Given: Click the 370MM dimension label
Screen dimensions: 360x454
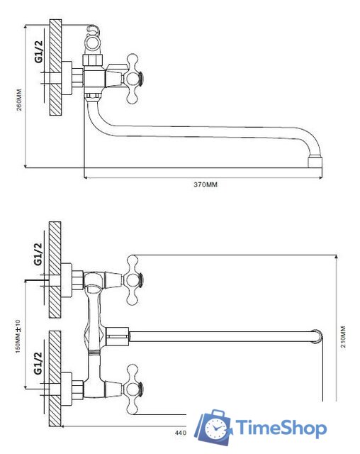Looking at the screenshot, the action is pyautogui.click(x=206, y=184).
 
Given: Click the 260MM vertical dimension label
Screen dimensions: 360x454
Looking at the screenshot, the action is pyautogui.click(x=19, y=99).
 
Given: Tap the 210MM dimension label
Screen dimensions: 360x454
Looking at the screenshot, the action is pyautogui.click(x=343, y=337).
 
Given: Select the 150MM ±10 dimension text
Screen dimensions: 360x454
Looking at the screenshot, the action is pyautogui.click(x=18, y=336).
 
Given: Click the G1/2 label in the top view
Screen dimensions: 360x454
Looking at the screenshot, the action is pyautogui.click(x=39, y=51).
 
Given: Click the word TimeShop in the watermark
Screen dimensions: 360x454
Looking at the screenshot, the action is pyautogui.click(x=281, y=428).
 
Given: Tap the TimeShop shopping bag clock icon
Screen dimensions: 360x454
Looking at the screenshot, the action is pyautogui.click(x=213, y=427).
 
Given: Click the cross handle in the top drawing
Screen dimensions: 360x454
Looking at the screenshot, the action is pyautogui.click(x=134, y=79).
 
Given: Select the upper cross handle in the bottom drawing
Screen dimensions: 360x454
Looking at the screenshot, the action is pyautogui.click(x=134, y=280).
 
